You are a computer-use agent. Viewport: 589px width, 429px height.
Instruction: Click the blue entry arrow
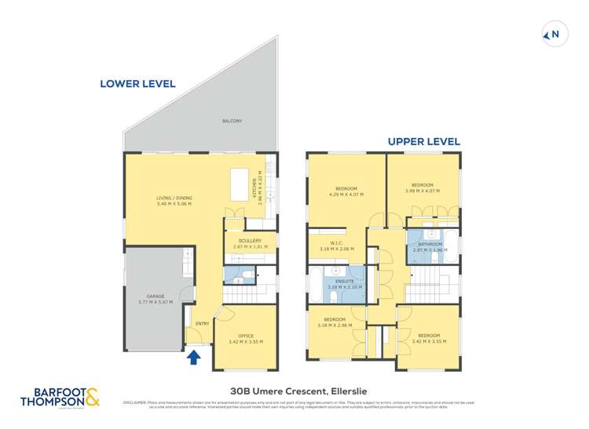tap(194, 358)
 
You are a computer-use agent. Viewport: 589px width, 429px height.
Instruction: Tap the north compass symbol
tap(554, 34)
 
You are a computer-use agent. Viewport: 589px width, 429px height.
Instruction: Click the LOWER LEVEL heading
tap(137, 83)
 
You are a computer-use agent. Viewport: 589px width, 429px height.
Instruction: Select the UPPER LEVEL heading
tap(423, 142)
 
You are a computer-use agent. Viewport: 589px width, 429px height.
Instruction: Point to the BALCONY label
tap(232, 121)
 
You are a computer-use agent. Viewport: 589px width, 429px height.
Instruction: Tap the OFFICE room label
tap(245, 336)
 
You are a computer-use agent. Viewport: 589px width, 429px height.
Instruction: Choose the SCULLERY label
tap(250, 241)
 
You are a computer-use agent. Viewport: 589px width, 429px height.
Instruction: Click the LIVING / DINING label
tap(174, 198)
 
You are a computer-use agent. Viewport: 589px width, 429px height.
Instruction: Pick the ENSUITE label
tap(346, 281)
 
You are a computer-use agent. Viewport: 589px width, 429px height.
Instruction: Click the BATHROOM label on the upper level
tap(430, 244)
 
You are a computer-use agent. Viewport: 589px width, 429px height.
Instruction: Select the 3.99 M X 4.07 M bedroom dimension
tap(423, 191)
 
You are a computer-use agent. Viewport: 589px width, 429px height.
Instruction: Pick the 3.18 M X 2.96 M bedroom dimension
tap(335, 325)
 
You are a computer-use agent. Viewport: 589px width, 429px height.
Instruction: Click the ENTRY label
tap(202, 322)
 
